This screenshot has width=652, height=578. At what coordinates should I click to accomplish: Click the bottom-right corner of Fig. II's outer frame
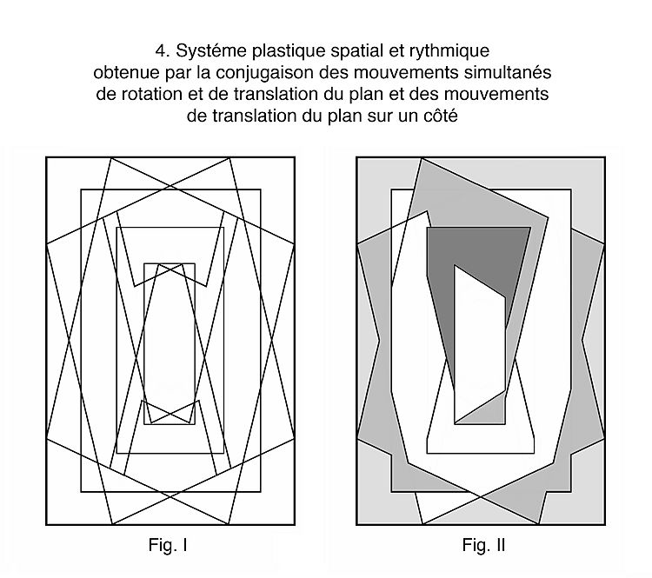coord(603,525)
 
